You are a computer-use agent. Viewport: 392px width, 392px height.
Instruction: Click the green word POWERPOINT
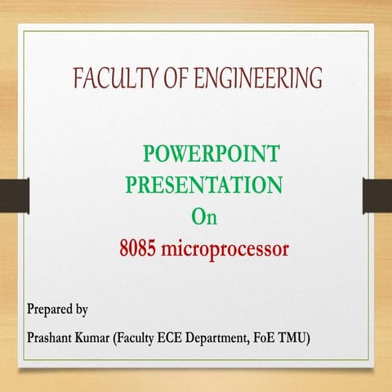click(211, 153)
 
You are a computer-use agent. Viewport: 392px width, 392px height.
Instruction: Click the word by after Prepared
click(82, 311)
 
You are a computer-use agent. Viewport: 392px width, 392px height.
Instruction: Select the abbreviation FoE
click(287, 337)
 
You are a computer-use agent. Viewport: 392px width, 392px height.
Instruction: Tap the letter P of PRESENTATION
click(131, 185)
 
